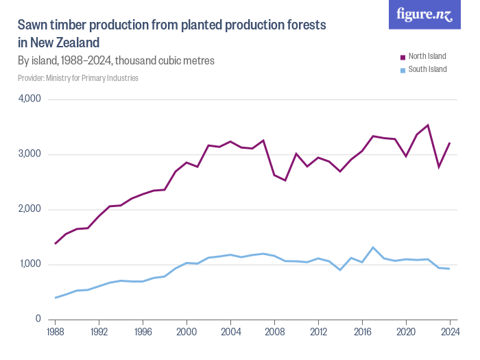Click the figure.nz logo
424,14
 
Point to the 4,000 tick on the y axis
29,99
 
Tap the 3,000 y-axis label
29,154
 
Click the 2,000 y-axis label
29,209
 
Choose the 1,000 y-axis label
29,264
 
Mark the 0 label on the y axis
38,320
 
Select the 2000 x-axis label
187,332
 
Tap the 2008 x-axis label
274,332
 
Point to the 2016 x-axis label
362,332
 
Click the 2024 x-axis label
450,332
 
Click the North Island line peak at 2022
428,125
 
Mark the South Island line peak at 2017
373,248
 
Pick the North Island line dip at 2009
285,180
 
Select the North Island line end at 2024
450,143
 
